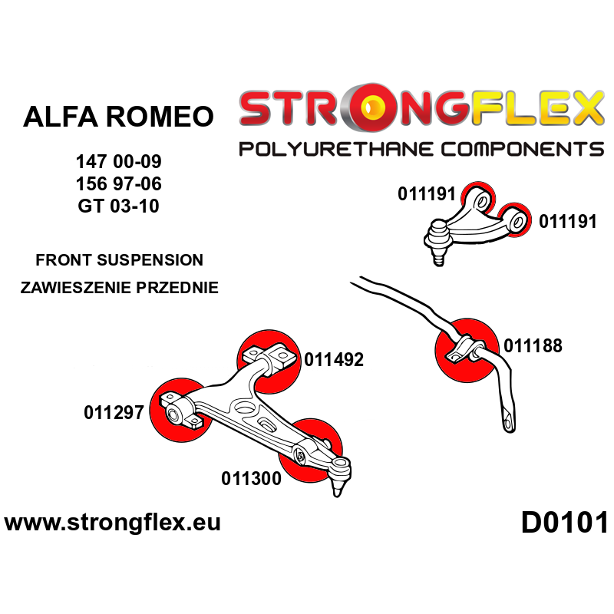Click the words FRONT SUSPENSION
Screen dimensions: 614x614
(119, 260)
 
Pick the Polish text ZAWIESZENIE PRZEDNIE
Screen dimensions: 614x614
(119, 289)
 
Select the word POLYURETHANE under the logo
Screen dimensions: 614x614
(333, 148)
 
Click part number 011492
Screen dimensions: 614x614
(334, 359)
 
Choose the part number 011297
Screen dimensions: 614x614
(114, 413)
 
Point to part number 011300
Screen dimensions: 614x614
(251, 479)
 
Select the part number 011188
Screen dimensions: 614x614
(533, 346)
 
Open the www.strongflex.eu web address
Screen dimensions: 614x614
(113, 523)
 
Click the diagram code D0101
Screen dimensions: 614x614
(564, 523)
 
